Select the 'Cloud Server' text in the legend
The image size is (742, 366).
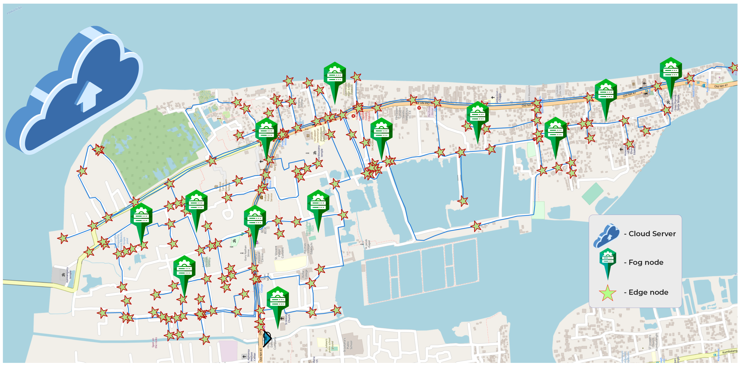[652, 234]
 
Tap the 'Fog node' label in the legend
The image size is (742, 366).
[646, 262]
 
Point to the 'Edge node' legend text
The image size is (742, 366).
[648, 292]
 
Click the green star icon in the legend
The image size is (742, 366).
[608, 293]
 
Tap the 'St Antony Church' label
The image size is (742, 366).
[287, 319]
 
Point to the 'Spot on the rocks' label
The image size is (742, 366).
[155, 343]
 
